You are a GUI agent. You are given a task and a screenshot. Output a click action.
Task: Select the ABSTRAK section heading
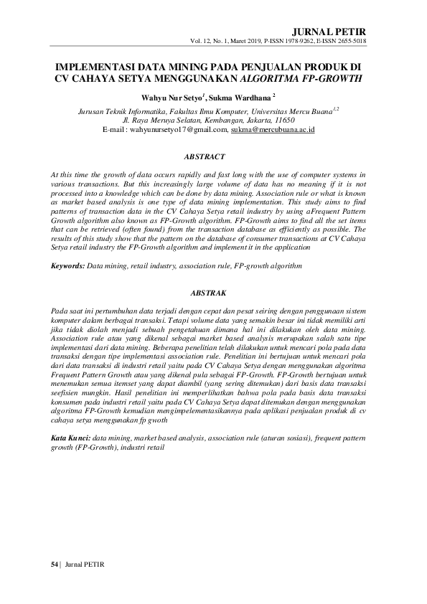[x=208, y=293]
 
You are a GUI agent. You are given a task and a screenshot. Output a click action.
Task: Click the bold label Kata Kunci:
[x=70, y=437]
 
